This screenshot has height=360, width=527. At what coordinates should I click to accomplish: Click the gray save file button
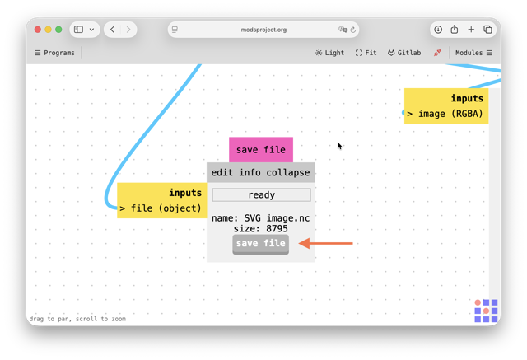260,244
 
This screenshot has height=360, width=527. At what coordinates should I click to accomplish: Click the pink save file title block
261,150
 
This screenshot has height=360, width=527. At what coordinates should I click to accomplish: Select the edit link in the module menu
222,172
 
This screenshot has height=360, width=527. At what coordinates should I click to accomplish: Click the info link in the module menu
250,172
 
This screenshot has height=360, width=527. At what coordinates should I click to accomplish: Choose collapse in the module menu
288,172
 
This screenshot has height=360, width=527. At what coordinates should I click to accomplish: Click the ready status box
262,195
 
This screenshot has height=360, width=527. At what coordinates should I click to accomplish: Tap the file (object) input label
166,208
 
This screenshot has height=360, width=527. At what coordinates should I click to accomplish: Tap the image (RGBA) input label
450,114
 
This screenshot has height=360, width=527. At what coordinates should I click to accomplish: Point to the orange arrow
325,243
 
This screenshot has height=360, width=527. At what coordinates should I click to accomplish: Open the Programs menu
54,53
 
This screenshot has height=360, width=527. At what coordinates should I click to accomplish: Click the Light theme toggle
329,53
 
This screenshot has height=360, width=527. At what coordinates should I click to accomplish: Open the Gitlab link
404,53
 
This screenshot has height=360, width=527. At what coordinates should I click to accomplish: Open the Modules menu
473,53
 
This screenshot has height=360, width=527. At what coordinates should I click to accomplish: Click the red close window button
38,30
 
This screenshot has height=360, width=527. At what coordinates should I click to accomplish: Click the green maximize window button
58,30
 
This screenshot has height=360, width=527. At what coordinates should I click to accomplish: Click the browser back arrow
112,30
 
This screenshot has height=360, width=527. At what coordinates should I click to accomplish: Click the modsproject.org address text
263,30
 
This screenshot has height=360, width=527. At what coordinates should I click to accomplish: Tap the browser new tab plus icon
471,30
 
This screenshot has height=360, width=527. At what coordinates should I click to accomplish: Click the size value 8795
277,229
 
